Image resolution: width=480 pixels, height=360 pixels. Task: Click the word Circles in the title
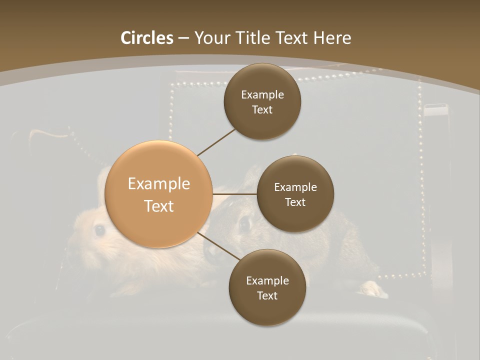point(147,38)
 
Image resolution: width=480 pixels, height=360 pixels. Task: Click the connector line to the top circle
point(216,142)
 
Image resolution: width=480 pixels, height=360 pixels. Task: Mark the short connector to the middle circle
point(234,193)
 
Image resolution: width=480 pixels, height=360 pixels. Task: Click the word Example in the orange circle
point(159,184)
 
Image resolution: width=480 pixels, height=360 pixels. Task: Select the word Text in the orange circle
point(159,206)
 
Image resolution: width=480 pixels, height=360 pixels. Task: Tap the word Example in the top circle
point(262,94)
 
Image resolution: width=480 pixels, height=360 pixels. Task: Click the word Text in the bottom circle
point(267,295)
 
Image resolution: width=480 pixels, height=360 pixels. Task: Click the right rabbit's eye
point(245,224)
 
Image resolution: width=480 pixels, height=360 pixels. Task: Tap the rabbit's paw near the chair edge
point(373,289)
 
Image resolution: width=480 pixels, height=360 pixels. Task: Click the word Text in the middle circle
point(295,202)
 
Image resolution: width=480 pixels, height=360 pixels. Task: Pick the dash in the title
point(183,38)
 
